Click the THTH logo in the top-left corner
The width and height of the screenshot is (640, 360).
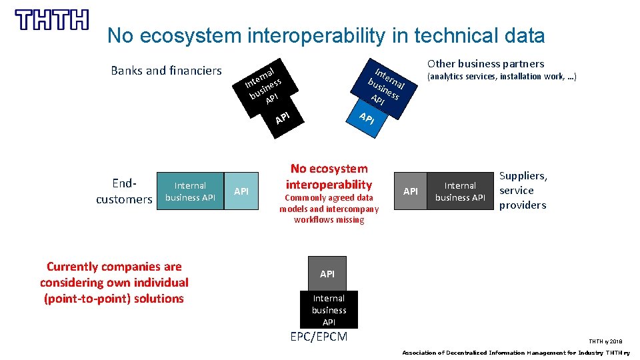click(52, 20)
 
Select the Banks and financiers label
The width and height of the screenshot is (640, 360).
click(166, 70)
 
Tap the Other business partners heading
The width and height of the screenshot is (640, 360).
click(485, 63)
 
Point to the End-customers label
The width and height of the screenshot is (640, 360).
click(124, 191)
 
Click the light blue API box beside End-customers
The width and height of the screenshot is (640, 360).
click(241, 192)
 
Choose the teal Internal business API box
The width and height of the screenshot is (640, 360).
click(189, 191)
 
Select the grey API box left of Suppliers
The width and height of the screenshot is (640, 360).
click(411, 192)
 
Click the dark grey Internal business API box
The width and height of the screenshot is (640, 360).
click(460, 191)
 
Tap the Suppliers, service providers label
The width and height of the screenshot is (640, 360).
click(523, 191)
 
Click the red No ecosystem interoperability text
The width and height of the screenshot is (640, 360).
click(329, 177)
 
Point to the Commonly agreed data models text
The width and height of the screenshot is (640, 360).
click(329, 209)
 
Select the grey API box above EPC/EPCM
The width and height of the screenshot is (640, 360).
click(327, 273)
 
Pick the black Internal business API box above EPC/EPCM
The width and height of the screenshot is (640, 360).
click(329, 310)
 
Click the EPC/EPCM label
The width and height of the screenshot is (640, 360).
click(319, 337)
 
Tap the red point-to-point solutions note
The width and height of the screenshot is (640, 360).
click(114, 283)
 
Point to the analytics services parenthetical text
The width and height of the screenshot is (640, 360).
click(501, 77)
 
